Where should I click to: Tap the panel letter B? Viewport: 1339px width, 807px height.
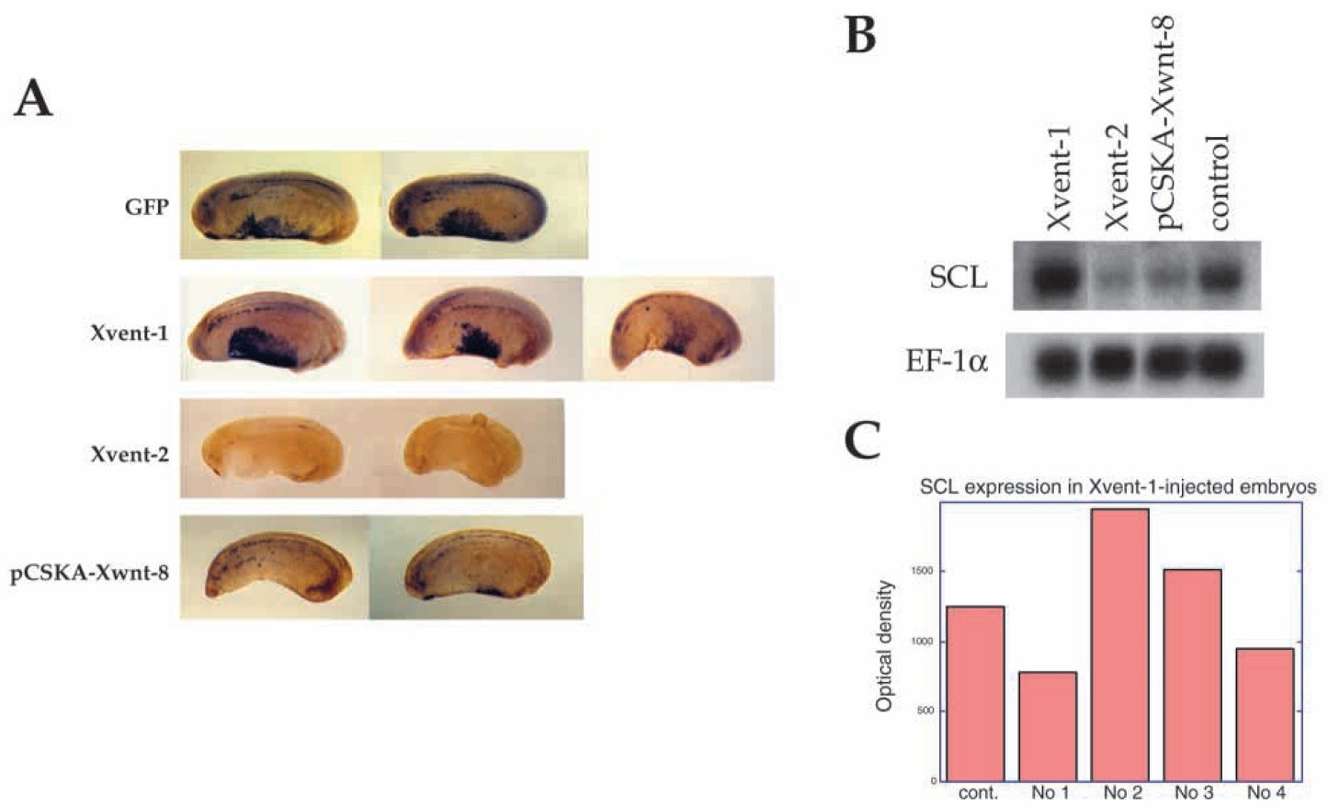pyautogui.click(x=860, y=36)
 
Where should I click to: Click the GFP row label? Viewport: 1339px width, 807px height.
pyautogui.click(x=146, y=207)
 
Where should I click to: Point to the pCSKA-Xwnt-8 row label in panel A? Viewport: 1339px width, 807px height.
pyautogui.click(x=89, y=574)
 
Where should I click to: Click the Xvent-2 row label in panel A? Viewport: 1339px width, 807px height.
pyautogui.click(x=129, y=454)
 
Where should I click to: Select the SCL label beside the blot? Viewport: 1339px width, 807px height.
pyautogui.click(x=958, y=277)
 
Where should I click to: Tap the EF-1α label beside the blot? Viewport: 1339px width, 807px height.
pyautogui.click(x=947, y=361)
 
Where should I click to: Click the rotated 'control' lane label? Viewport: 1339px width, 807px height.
pyautogui.click(x=1218, y=182)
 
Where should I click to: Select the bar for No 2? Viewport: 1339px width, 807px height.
pyautogui.click(x=1119, y=643)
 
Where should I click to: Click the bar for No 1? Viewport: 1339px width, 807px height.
pyautogui.click(x=1047, y=726)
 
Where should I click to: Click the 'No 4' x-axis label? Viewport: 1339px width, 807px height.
pyautogui.click(x=1265, y=792)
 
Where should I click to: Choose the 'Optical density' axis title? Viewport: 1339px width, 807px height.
pyautogui.click(x=884, y=645)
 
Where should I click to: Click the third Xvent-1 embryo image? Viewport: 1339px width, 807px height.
pyautogui.click(x=678, y=329)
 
